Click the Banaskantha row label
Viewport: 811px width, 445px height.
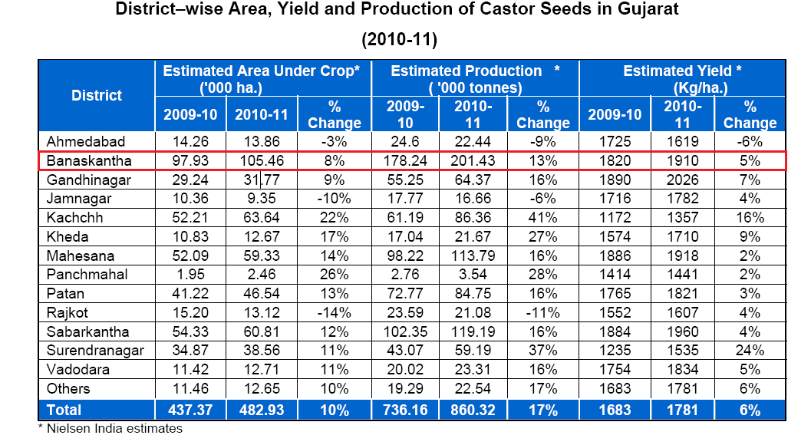click(88, 161)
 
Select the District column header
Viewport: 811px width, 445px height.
click(97, 96)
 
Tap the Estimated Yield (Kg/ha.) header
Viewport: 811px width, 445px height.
click(681, 79)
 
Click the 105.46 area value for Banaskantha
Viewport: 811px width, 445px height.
click(262, 161)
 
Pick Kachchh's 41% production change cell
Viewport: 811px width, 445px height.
click(542, 218)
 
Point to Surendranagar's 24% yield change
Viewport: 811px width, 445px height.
click(750, 351)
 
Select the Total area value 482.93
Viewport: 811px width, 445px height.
click(262, 410)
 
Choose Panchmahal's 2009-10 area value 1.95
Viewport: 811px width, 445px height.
click(190, 275)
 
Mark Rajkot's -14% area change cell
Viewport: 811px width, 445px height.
click(334, 313)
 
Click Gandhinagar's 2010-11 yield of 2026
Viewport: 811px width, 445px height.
click(681, 180)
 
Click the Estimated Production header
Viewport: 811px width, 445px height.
click(474, 79)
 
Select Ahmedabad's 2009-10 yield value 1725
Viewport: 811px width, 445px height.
click(614, 142)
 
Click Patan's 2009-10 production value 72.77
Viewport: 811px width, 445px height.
click(404, 294)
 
